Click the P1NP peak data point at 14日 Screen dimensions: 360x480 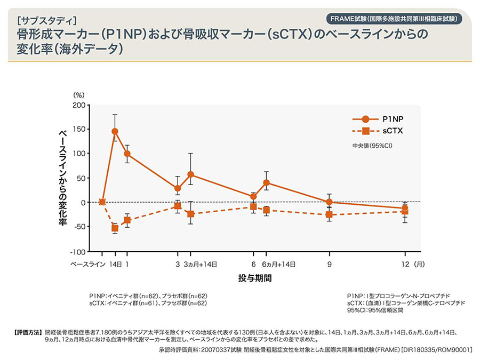(115, 131)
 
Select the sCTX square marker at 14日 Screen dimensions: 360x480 (115, 228)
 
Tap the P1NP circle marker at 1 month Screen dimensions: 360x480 (127, 154)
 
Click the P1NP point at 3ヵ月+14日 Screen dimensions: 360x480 (190, 174)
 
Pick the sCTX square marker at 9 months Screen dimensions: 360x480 (329, 215)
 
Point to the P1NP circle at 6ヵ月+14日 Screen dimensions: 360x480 (266, 182)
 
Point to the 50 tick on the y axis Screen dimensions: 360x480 (81, 178)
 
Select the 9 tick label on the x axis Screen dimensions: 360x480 (330, 264)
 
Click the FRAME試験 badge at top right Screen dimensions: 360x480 (393, 18)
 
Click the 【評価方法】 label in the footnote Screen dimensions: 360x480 (26, 331)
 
